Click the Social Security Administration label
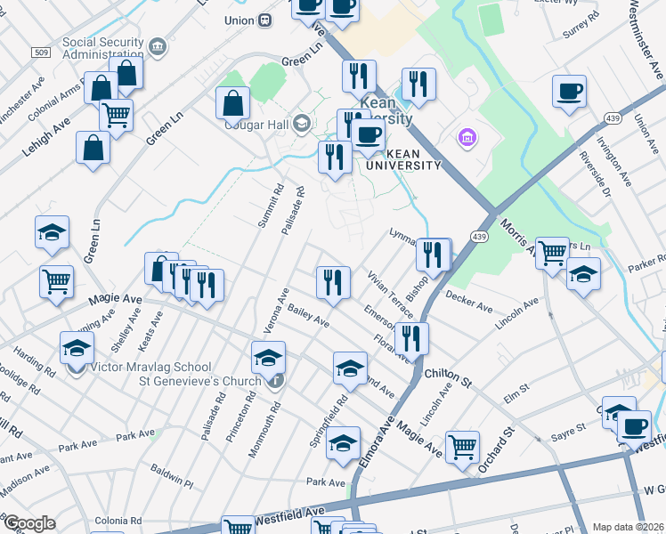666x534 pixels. click(102, 48)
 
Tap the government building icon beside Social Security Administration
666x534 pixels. click(158, 44)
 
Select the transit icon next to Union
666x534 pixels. click(265, 20)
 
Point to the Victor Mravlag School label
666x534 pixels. click(151, 367)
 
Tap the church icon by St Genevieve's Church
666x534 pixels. click(277, 381)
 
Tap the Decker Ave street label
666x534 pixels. click(469, 302)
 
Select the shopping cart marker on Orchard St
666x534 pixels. click(462, 445)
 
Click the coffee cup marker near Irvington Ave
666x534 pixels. click(569, 91)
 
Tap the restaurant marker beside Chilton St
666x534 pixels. click(411, 337)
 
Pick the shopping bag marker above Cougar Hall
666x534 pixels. click(232, 102)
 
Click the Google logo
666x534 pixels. click(28, 522)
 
